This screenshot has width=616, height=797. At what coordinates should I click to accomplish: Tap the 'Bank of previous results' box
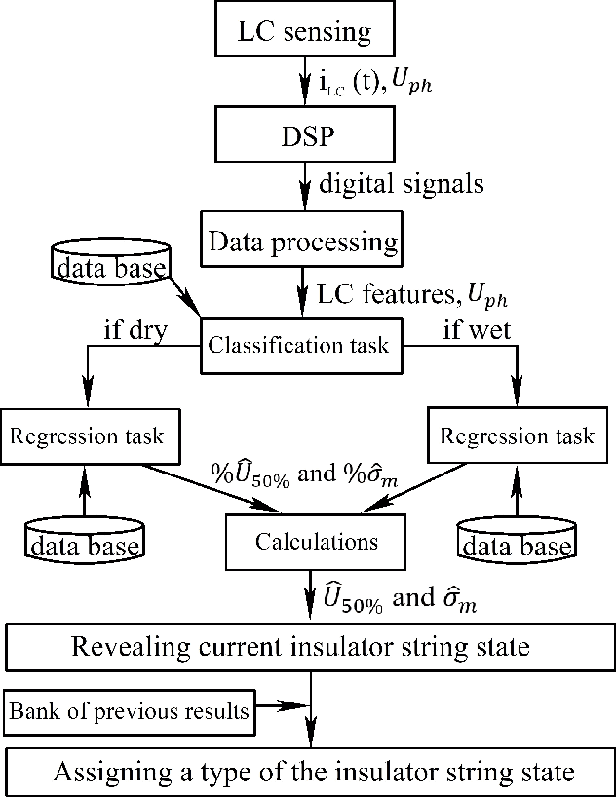point(130,712)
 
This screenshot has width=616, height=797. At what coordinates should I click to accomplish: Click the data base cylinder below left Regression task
point(82,541)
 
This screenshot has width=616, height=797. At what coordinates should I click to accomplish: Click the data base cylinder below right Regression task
point(517,541)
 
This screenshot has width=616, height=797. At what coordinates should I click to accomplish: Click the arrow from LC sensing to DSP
point(305,85)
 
